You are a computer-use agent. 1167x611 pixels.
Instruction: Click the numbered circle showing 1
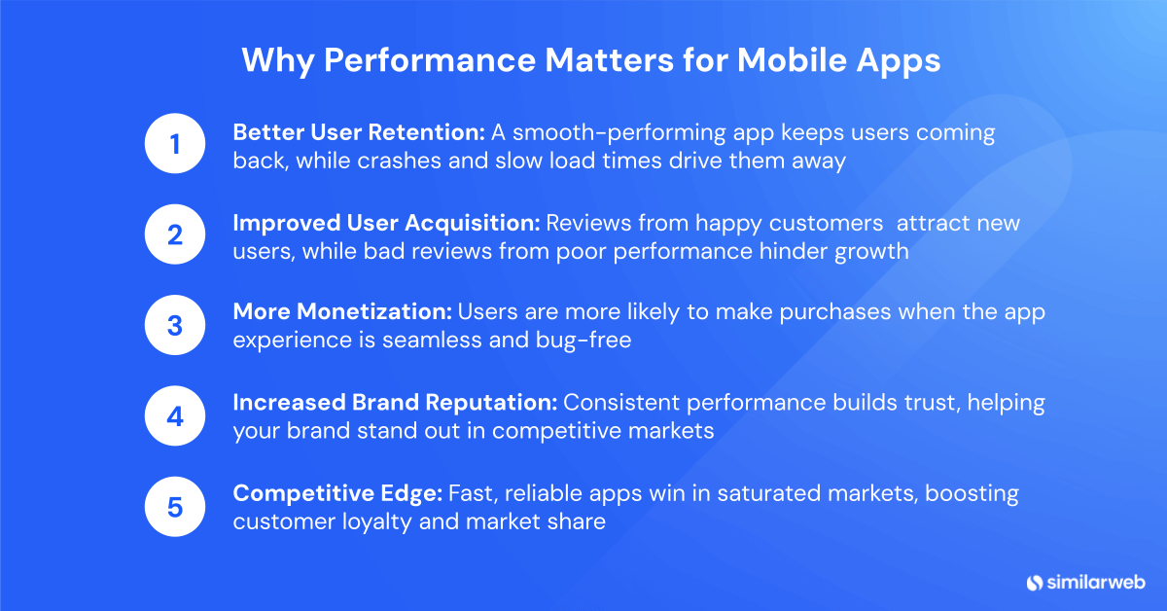tap(175, 146)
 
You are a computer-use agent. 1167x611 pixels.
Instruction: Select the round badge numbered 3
tap(175, 326)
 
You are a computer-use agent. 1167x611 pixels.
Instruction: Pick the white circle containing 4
tap(175, 416)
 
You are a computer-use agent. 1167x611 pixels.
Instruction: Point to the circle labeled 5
tap(175, 507)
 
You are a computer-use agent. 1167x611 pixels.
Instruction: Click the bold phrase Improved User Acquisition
tap(386, 223)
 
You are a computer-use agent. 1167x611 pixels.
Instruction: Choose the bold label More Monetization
tap(342, 312)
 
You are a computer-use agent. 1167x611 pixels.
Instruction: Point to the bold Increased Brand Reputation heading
tap(395, 403)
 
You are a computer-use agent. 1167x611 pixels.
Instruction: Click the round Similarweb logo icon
tap(1034, 582)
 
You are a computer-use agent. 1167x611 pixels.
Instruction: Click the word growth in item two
tap(872, 251)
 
